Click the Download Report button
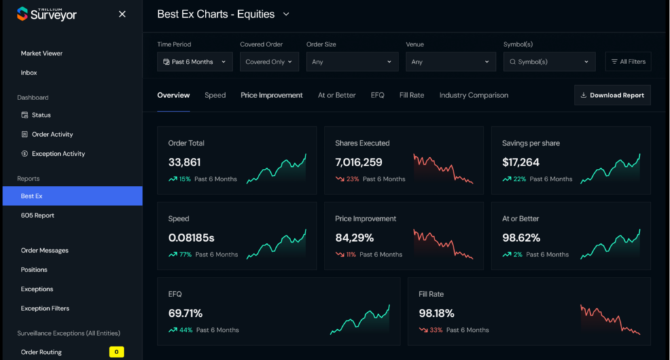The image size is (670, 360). (612, 95)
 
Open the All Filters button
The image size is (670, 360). (628, 62)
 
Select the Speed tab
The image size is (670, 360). (215, 95)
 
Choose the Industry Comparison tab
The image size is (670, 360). (474, 95)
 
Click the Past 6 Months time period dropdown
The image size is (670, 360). (195, 62)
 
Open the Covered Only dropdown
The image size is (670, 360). (270, 62)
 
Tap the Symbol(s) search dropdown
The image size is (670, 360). (549, 62)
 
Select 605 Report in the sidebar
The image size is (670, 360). (37, 215)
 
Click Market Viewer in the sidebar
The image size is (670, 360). (42, 53)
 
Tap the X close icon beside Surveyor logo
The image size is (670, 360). (122, 14)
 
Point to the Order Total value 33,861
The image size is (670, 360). (185, 162)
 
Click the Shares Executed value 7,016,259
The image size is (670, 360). (359, 162)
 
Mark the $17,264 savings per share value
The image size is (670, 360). (521, 162)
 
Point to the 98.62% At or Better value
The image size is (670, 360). (521, 238)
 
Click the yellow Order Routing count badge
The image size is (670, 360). (116, 352)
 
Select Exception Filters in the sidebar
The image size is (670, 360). (45, 308)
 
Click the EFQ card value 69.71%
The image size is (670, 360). (185, 314)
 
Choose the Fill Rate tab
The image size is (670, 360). (412, 95)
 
